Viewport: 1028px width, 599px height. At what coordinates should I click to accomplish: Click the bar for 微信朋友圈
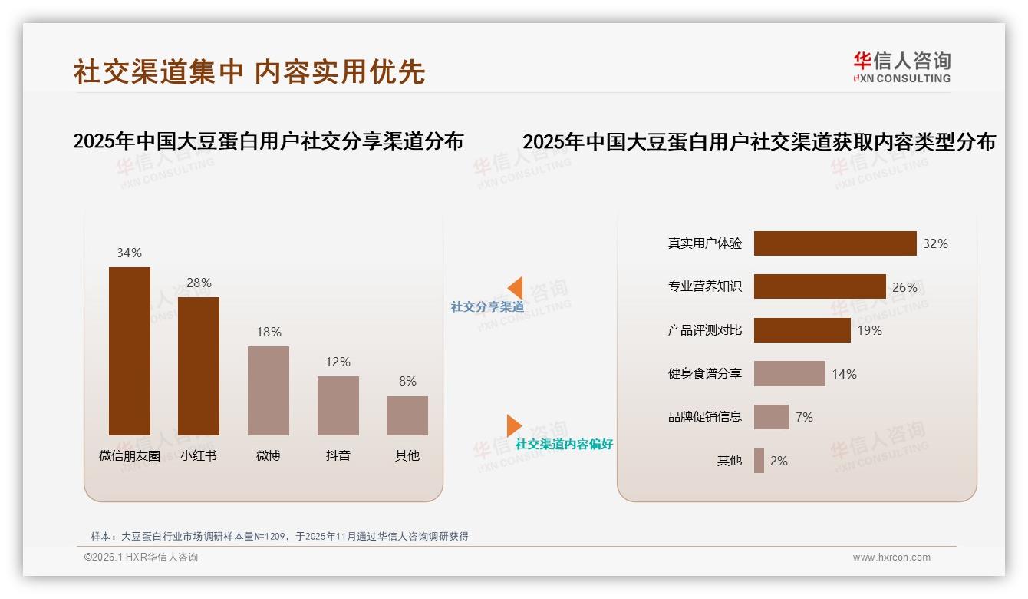(130, 351)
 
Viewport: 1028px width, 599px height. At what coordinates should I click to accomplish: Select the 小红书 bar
(199, 366)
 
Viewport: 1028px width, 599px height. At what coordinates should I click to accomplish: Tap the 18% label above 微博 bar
(269, 332)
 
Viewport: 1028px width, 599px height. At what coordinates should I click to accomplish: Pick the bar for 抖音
(338, 405)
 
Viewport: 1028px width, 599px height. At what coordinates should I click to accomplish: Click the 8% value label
(407, 381)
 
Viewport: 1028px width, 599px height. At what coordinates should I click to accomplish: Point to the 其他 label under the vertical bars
(407, 455)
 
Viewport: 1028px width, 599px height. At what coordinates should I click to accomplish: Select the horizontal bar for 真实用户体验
(835, 243)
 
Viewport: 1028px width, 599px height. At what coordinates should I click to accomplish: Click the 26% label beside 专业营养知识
(904, 287)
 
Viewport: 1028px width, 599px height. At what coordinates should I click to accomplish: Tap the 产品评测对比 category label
(704, 330)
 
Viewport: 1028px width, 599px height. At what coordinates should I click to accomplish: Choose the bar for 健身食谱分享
(789, 374)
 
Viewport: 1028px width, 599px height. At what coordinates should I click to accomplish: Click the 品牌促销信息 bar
(771, 417)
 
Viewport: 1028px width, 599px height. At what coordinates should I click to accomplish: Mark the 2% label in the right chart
(779, 461)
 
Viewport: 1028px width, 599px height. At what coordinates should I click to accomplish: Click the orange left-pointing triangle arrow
(516, 288)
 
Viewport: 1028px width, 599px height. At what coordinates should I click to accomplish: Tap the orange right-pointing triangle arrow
(514, 425)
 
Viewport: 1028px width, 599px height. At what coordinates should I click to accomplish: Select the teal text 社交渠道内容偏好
(564, 445)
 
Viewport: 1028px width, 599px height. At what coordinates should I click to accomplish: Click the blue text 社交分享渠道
(487, 307)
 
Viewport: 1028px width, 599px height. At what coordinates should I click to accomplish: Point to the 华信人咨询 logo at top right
(901, 67)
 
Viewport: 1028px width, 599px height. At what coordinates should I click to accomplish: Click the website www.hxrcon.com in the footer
(891, 558)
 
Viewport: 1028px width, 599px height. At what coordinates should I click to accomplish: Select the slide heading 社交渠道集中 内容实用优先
(249, 71)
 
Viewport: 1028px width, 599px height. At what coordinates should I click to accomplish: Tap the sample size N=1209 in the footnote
(269, 537)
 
